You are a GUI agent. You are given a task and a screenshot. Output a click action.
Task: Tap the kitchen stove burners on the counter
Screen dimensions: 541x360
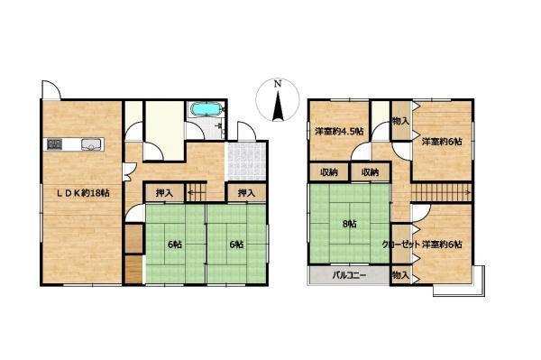click(x=54, y=144)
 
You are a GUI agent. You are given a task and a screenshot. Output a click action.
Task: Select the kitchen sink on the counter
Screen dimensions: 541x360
click(x=91, y=144)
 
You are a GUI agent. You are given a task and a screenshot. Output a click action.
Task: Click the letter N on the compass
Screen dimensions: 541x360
click(x=278, y=84)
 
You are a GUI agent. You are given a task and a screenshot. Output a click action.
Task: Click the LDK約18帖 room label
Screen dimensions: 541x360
click(x=83, y=193)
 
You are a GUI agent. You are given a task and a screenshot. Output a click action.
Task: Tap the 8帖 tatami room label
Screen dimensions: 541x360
click(x=349, y=224)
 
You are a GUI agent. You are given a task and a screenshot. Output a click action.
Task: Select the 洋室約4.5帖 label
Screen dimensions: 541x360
click(x=339, y=131)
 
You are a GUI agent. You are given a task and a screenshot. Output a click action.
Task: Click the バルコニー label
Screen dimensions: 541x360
click(x=349, y=275)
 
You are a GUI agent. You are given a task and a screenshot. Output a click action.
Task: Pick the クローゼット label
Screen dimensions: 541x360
click(x=400, y=245)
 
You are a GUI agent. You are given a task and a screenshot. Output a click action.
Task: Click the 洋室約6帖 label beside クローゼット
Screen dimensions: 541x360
click(x=442, y=245)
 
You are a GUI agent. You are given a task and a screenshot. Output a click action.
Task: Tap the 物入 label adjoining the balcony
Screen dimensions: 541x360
click(x=400, y=275)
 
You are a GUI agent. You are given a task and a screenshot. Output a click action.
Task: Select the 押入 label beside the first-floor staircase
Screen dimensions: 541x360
click(x=164, y=193)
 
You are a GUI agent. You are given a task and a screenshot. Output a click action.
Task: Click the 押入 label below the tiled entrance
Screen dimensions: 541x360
click(x=246, y=193)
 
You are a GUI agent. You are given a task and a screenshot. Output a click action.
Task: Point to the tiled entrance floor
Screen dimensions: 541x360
click(x=245, y=162)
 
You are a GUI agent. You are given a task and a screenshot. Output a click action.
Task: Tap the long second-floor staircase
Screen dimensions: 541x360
click(x=442, y=192)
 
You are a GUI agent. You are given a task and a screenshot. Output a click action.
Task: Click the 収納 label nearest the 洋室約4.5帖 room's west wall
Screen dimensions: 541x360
click(x=329, y=172)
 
